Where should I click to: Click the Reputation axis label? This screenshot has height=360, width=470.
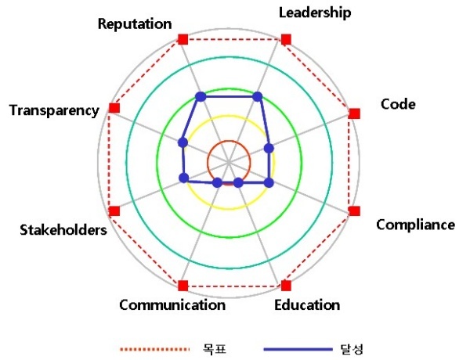(x=135, y=24)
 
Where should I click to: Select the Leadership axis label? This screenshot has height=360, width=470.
(x=315, y=13)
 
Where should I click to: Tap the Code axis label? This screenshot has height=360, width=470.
(x=398, y=104)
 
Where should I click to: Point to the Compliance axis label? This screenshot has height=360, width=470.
(x=415, y=225)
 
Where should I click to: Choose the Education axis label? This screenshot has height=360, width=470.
(x=307, y=305)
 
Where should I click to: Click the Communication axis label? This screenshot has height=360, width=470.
(x=172, y=305)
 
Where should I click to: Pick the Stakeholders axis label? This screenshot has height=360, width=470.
(x=63, y=230)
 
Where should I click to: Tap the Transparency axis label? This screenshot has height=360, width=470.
(x=54, y=110)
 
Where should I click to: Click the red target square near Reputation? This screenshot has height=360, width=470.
(x=183, y=39)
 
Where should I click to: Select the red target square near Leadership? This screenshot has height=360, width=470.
(x=286, y=39)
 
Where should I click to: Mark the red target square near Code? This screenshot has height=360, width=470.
(x=355, y=113)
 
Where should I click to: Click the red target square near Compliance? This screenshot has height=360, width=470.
(x=355, y=211)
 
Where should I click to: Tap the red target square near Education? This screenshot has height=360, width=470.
(x=286, y=286)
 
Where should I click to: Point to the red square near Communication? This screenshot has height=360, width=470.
(x=183, y=286)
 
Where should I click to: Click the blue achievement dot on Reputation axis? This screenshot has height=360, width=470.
(x=201, y=97)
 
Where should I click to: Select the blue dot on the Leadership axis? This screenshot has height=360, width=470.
(x=258, y=96)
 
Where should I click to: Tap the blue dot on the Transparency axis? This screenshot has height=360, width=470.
(x=183, y=142)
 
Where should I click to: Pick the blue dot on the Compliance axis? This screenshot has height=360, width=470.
(x=269, y=182)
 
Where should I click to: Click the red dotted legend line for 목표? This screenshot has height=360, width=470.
(x=154, y=349)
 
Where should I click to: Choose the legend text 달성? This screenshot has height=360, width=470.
(x=352, y=349)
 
